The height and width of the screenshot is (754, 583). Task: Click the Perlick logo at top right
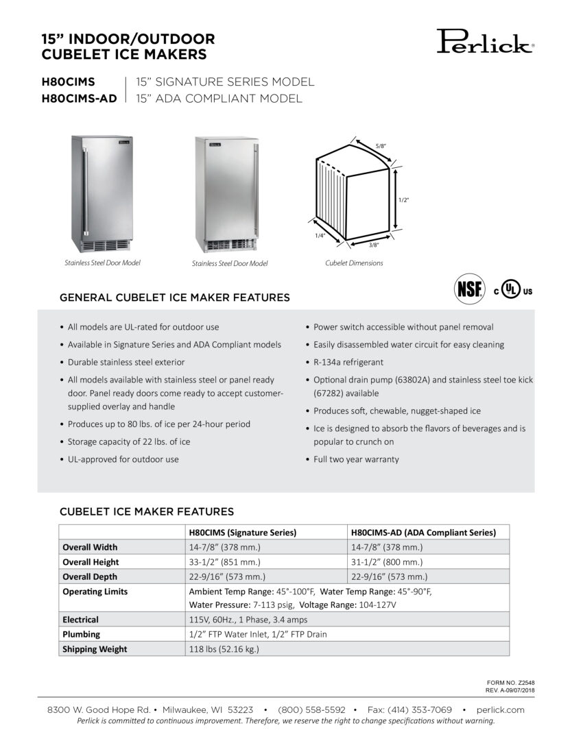click(x=485, y=42)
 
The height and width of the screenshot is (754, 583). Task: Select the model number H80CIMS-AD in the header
click(x=80, y=99)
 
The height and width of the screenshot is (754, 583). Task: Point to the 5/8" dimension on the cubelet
click(x=381, y=146)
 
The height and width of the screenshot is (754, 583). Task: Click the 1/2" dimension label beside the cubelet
click(x=403, y=199)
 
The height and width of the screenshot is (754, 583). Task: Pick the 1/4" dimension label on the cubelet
click(x=320, y=235)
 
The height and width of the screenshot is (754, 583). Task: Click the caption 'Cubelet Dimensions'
click(x=354, y=263)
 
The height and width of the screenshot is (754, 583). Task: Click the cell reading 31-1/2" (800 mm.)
click(x=387, y=562)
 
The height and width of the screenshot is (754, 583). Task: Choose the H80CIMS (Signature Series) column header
click(x=243, y=533)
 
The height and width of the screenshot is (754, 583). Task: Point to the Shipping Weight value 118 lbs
click(x=224, y=649)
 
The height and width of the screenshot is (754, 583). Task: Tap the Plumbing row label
click(x=82, y=634)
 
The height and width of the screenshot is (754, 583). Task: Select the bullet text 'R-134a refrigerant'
click(x=348, y=362)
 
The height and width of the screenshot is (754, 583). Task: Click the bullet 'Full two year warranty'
click(x=356, y=459)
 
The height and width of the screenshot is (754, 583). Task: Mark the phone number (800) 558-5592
click(x=311, y=710)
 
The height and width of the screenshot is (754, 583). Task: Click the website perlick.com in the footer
click(x=499, y=710)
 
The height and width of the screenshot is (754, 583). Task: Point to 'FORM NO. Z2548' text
click(x=510, y=683)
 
